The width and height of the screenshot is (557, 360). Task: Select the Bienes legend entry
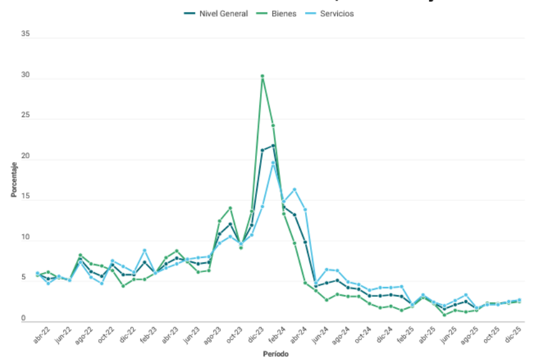[278, 14]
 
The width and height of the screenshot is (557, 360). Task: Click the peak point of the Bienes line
[262, 76]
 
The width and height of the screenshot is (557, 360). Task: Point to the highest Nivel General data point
[273, 145]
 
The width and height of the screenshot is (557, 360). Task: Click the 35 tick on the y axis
[25, 35]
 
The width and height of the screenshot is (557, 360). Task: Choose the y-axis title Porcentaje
[13, 178]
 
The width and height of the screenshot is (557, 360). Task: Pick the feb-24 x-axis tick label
[276, 334]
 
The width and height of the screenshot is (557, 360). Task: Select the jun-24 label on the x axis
[319, 334]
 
